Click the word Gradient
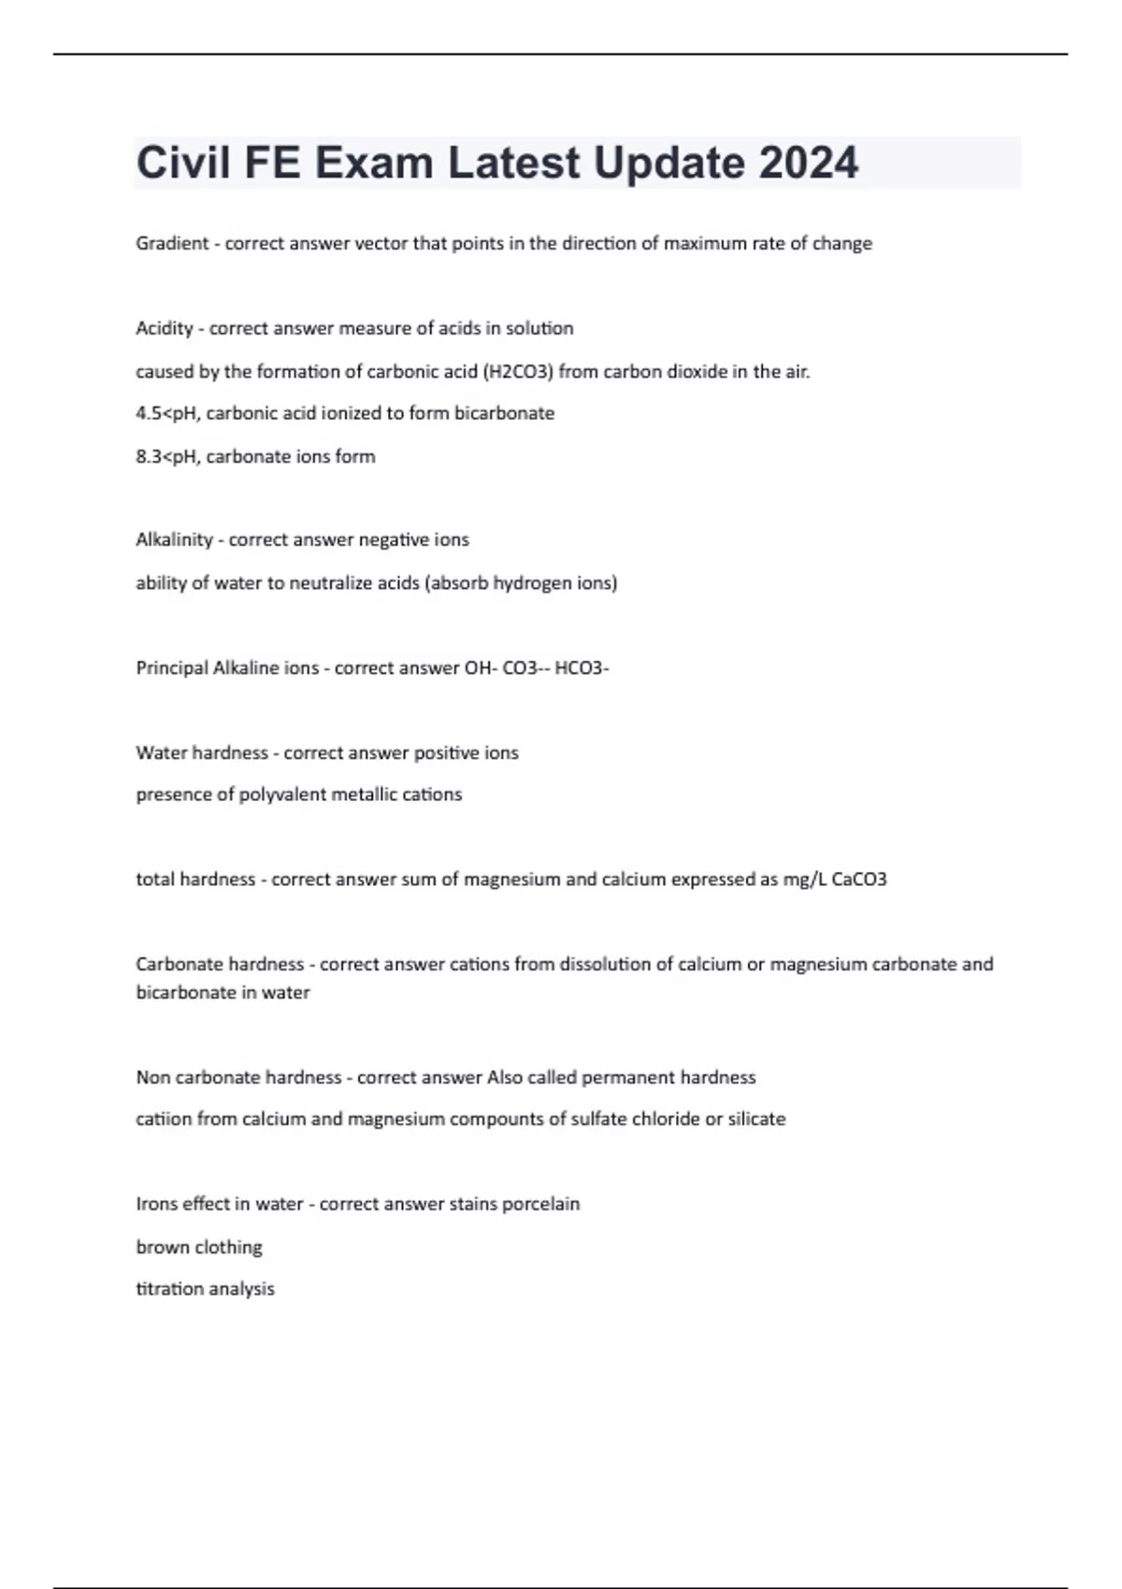click(172, 244)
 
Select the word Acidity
click(164, 328)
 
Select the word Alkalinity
click(174, 540)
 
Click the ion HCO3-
click(582, 668)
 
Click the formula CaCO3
click(858, 880)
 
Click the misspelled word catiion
click(164, 1120)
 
